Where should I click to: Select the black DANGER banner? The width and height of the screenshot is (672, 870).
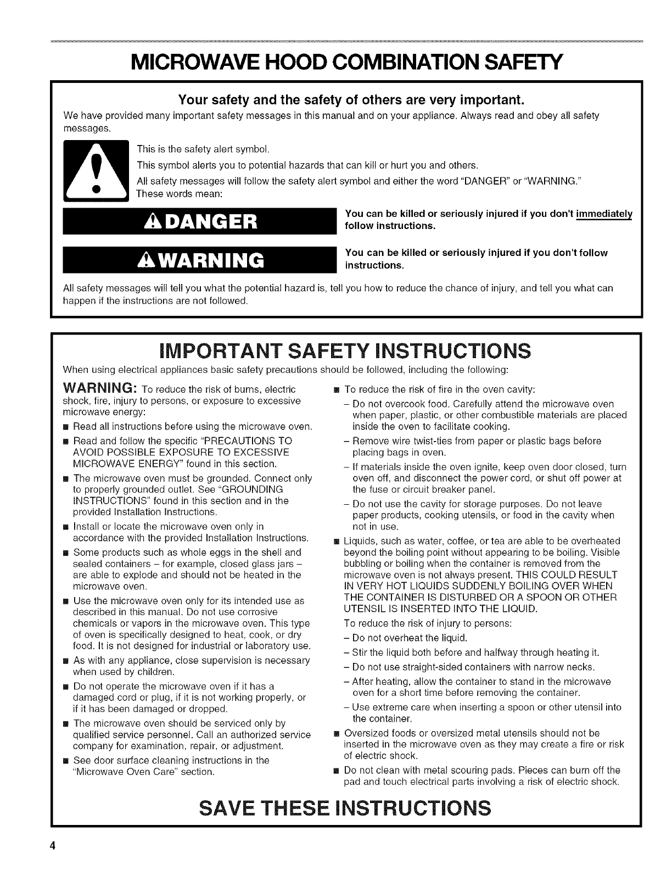point(199,222)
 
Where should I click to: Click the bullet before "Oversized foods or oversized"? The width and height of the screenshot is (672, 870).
point(337,734)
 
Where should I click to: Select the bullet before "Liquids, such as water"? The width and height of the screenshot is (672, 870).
point(337,541)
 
